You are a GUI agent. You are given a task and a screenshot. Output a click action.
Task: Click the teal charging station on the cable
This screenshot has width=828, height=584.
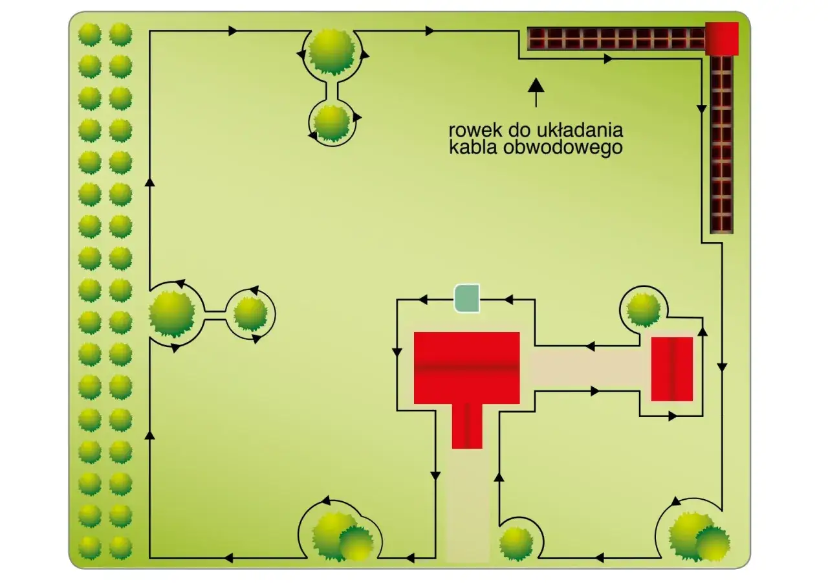click(x=467, y=298)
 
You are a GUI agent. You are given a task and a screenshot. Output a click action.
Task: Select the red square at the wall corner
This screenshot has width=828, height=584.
click(x=721, y=38)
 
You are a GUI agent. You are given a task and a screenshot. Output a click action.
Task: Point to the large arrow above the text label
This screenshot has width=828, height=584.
click(x=536, y=92)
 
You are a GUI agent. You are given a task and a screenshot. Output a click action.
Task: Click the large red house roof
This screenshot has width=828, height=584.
click(x=466, y=368)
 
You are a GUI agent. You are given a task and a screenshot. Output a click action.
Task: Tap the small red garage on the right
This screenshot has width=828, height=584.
click(x=671, y=369)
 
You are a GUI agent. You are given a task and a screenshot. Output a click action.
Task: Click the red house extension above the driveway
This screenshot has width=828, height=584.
click(x=467, y=426)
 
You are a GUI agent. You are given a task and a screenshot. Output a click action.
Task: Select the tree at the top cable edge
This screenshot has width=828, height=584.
click(x=331, y=52)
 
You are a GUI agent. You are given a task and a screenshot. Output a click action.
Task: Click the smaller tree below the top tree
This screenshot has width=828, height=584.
click(x=331, y=124)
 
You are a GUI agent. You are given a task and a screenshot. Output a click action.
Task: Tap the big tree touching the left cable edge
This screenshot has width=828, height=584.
click(x=172, y=314)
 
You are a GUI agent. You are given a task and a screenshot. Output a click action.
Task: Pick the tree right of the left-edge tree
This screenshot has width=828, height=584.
click(x=250, y=315)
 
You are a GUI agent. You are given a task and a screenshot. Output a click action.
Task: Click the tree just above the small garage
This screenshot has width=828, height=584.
click(x=644, y=309)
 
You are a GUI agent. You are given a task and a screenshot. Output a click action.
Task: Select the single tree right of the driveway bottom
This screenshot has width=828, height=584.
click(x=516, y=544)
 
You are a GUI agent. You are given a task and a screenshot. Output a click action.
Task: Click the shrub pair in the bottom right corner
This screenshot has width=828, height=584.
click(x=699, y=537)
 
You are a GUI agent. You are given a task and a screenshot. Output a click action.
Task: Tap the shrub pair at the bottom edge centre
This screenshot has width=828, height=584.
click(x=343, y=537)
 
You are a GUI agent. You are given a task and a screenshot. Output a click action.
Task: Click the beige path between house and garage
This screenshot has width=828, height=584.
click(x=585, y=368)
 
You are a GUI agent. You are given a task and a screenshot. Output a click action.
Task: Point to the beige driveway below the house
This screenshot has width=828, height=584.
click(x=468, y=506)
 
